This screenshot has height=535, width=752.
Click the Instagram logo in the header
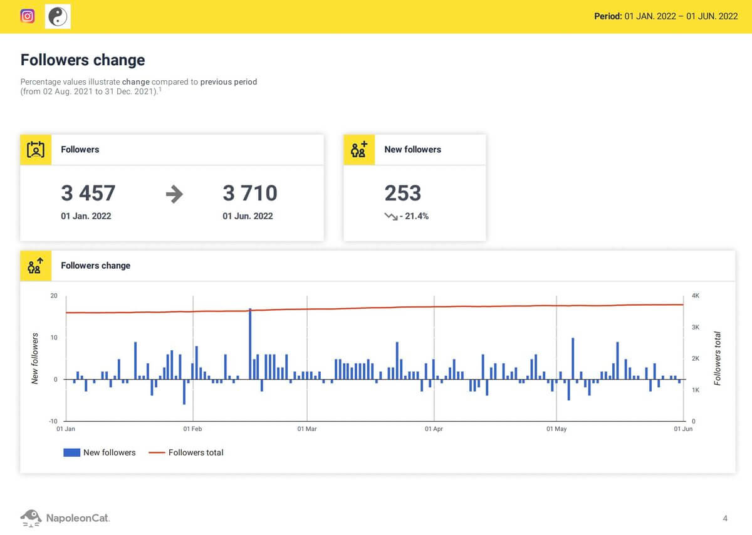pyautogui.click(x=28, y=16)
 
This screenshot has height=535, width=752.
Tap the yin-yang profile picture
pyautogui.click(x=58, y=16)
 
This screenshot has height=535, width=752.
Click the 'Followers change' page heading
pyautogui.click(x=83, y=60)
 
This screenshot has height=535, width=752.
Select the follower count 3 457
pyautogui.click(x=88, y=193)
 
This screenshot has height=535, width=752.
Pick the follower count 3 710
pyautogui.click(x=250, y=193)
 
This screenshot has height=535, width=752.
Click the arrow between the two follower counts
pyautogui.click(x=174, y=194)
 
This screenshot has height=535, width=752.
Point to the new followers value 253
pyautogui.click(x=403, y=193)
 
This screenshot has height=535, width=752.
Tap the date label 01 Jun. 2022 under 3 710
pyautogui.click(x=248, y=216)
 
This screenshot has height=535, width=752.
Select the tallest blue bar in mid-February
pyautogui.click(x=250, y=343)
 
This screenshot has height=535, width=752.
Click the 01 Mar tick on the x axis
pyautogui.click(x=307, y=429)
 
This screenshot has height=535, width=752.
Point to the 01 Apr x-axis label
pyautogui.click(x=434, y=429)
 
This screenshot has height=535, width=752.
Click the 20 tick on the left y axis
pyautogui.click(x=54, y=296)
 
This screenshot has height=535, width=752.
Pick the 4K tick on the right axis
pyautogui.click(x=696, y=296)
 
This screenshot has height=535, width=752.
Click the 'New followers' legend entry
pyautogui.click(x=100, y=452)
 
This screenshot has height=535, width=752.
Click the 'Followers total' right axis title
pyautogui.click(x=718, y=358)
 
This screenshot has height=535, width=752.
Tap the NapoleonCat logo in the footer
pyautogui.click(x=65, y=517)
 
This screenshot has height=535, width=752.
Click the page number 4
pyautogui.click(x=725, y=518)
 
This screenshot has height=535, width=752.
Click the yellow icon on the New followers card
pyautogui.click(x=359, y=150)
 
